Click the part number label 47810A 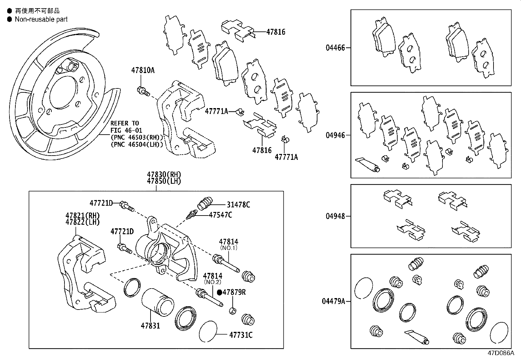tap(143, 70)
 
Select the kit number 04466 tap(335, 48)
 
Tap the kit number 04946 tap(335, 135)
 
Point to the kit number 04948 tap(335, 216)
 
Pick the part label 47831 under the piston tap(150, 326)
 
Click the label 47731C tap(241, 335)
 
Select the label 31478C tap(238, 205)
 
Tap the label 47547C tap(220, 215)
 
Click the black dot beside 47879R tap(220, 292)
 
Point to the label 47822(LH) tap(82, 222)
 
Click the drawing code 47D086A tap(501, 353)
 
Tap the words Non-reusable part tap(41, 19)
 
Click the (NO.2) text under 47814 tap(213, 282)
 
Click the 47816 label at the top tap(276, 32)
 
